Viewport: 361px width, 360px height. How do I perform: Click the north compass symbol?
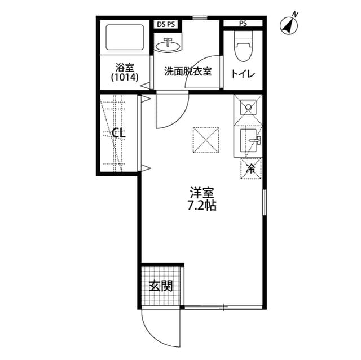pyautogui.click(x=290, y=24)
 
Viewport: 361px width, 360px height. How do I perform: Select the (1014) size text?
pyautogui.click(x=124, y=77)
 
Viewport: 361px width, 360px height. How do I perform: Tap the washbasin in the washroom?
pyautogui.click(x=169, y=45)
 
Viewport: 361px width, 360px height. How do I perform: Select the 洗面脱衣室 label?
pyautogui.click(x=188, y=72)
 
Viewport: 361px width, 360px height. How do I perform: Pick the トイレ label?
pyautogui.click(x=243, y=73)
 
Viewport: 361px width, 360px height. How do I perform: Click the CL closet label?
pyautogui.click(x=118, y=134)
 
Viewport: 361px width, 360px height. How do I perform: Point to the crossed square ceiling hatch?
pyautogui.click(x=206, y=139)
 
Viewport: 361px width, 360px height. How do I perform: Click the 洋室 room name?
pyautogui.click(x=201, y=192)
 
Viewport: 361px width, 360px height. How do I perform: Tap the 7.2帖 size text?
pyautogui.click(x=201, y=205)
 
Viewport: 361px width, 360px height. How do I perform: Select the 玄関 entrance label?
pyautogui.click(x=161, y=286)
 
